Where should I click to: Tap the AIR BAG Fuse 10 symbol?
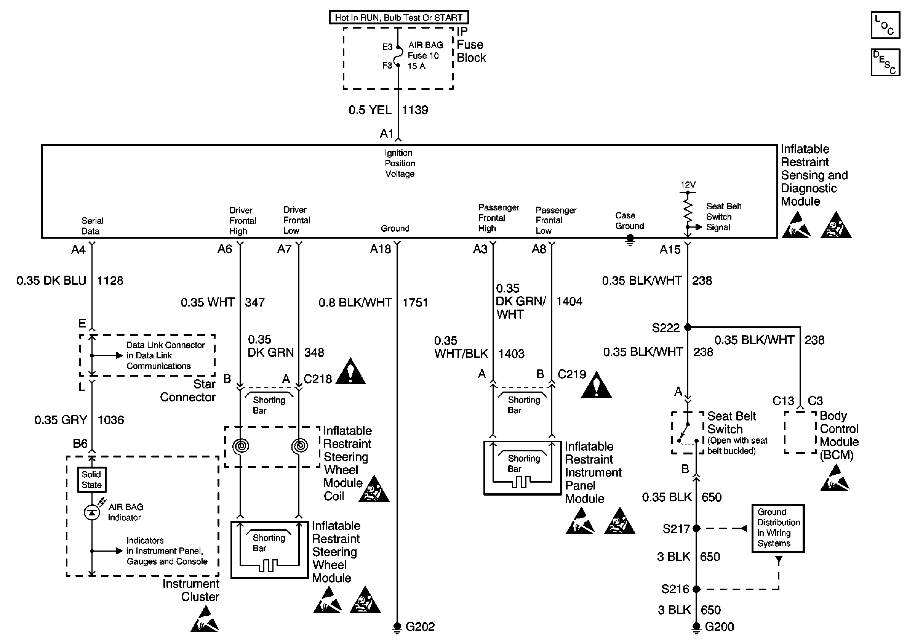(x=398, y=56)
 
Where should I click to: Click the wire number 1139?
(x=415, y=110)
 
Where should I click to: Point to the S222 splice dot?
(x=688, y=327)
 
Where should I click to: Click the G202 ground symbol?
(x=397, y=627)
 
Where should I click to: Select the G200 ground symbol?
(x=696, y=627)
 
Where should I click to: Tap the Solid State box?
(x=92, y=480)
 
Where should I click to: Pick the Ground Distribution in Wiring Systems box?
(x=778, y=528)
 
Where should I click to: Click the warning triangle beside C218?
(x=351, y=372)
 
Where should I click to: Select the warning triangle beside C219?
(x=596, y=385)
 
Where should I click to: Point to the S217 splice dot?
(x=696, y=528)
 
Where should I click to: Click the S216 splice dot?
(x=696, y=589)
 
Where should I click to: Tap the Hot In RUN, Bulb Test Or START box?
(x=398, y=18)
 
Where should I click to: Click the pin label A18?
(x=381, y=249)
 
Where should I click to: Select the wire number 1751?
(x=415, y=303)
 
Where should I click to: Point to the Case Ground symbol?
(x=630, y=240)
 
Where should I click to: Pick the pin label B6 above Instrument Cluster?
(x=80, y=443)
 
